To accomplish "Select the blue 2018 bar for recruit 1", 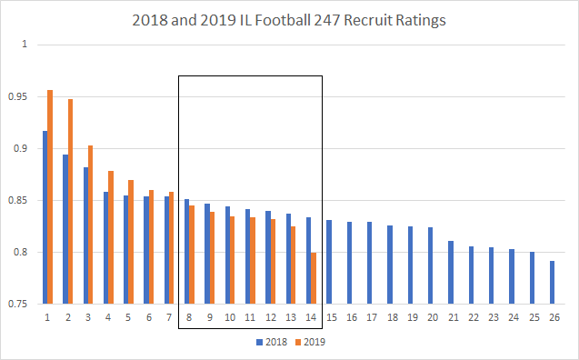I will click(x=45, y=217).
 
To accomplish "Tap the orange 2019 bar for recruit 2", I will click(x=70, y=201).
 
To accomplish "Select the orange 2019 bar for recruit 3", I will click(x=90, y=225).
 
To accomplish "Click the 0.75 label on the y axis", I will click(x=18, y=304).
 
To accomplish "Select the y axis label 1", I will click(x=25, y=45).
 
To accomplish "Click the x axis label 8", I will click(x=188, y=318).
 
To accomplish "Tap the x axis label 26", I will click(x=553, y=318).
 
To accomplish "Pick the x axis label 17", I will click(x=371, y=318).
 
